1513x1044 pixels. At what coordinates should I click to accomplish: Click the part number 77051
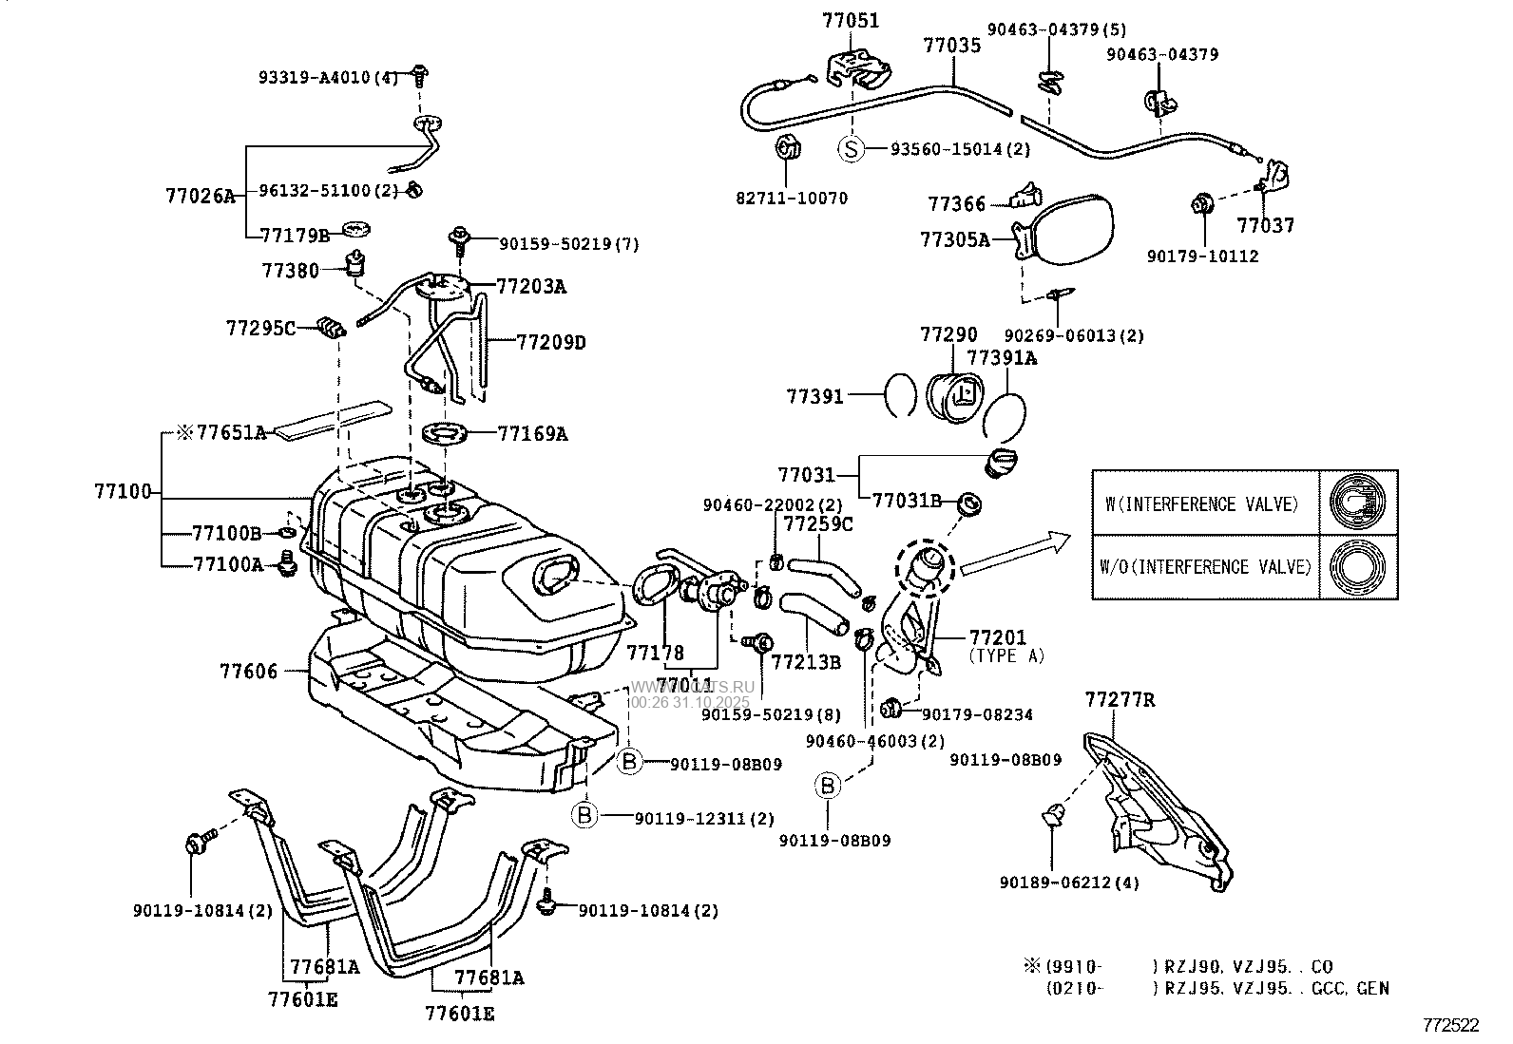point(851,20)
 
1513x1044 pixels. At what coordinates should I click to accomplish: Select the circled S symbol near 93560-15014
point(852,149)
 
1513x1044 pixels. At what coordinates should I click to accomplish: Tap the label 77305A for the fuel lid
point(954,240)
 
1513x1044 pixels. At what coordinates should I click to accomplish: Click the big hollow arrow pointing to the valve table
point(1014,555)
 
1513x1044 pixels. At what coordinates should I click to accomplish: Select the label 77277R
point(1120,700)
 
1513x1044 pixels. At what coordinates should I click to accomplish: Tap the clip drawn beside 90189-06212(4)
point(1052,814)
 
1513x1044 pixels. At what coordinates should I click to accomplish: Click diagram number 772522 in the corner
point(1450,1025)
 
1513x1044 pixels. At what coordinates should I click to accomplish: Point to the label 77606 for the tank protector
point(249,672)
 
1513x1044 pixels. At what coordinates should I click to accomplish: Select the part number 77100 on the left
point(123,491)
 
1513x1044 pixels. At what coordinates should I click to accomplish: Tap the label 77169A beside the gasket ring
point(532,434)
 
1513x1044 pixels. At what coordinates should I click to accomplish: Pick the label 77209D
point(551,342)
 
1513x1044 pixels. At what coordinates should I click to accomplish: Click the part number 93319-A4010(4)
point(329,77)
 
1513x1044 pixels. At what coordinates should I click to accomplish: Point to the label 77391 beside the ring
point(814,397)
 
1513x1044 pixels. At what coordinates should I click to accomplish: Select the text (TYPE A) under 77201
point(1007,655)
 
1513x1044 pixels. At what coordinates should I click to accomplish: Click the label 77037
point(1265,226)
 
